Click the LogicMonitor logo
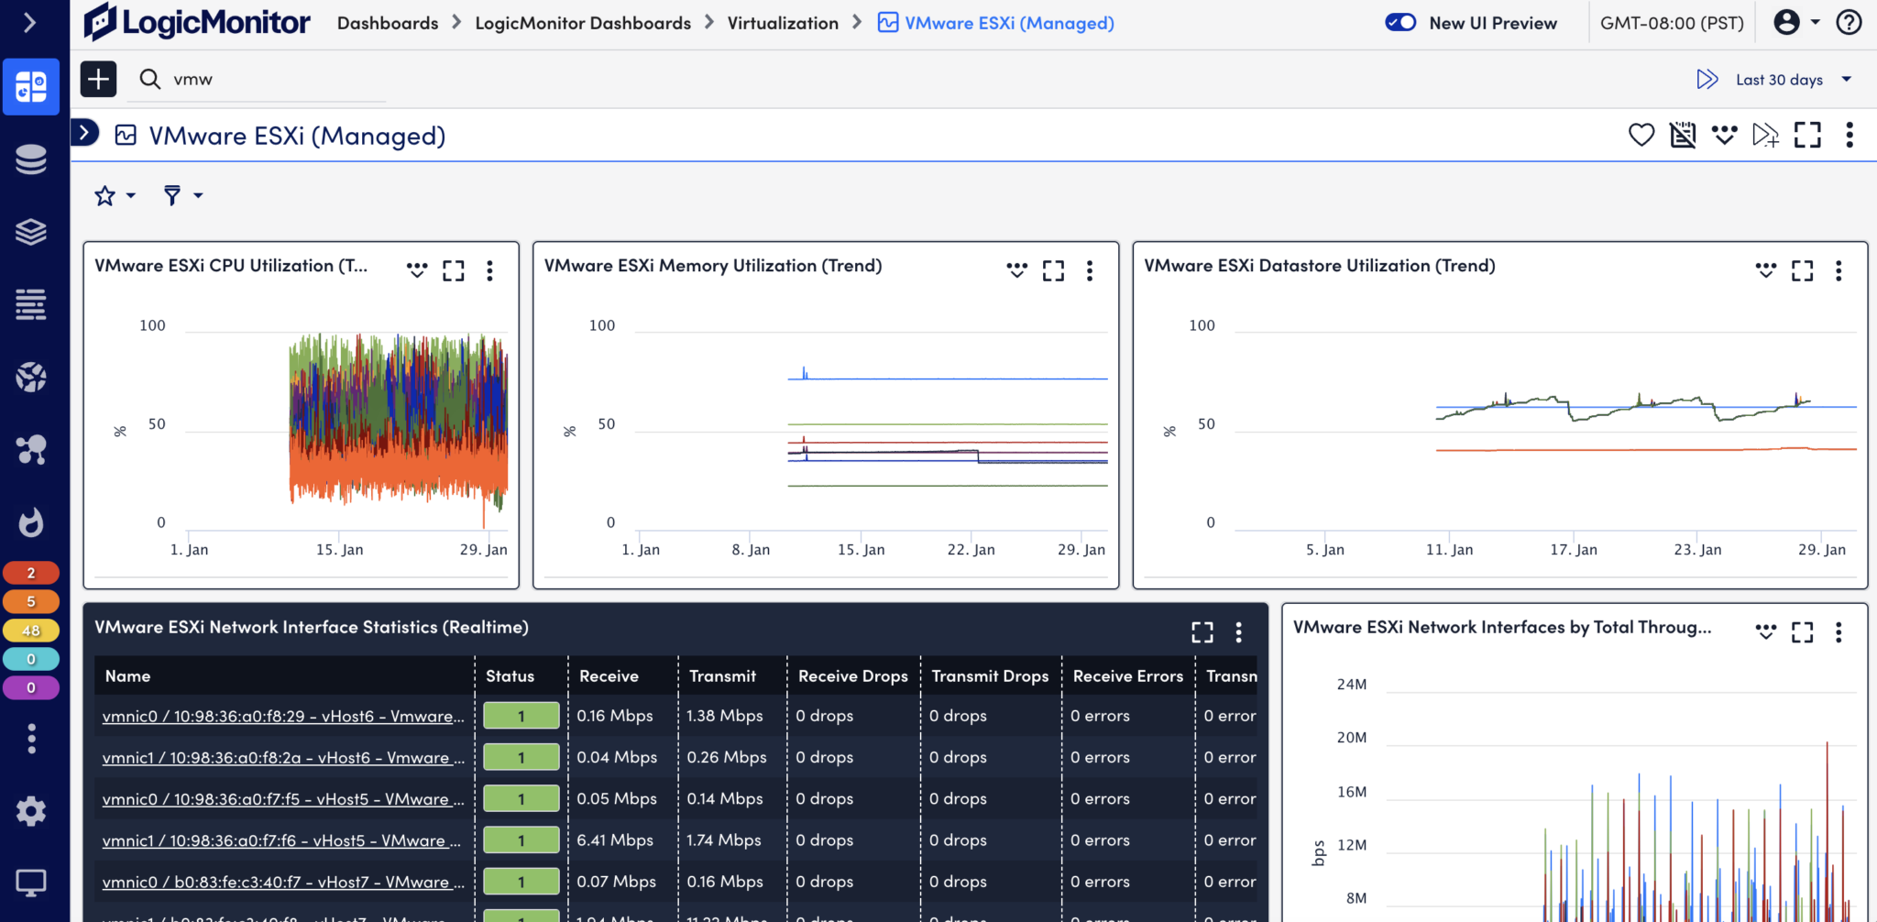197,22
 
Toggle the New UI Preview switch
1400,22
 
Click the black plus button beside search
98,79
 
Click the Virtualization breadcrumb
782,23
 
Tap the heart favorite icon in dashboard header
1641,135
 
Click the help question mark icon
1849,22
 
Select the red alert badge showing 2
31,573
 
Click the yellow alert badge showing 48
31,631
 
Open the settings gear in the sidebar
31,810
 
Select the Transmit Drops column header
989,676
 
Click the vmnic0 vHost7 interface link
283,882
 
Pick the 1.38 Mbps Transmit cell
724,716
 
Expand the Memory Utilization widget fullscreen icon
1053,270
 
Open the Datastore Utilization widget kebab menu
1838,270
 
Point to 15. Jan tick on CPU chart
339,550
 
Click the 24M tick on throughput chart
1351,685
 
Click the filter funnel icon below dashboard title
171,195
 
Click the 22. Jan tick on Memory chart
971,550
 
